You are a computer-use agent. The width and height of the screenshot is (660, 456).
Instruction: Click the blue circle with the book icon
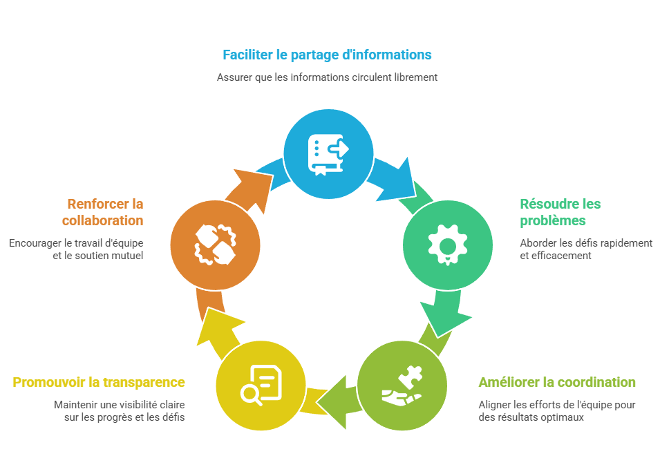point(329,153)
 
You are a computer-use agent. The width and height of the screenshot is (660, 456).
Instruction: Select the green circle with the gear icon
point(448,245)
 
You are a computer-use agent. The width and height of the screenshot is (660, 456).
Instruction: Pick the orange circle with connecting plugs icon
point(215,245)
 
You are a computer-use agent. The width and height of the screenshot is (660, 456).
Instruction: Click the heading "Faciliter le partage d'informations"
point(327,55)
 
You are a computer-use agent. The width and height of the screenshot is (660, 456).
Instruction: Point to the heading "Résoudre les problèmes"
point(560,212)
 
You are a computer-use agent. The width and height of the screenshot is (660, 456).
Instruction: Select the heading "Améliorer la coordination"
point(557,382)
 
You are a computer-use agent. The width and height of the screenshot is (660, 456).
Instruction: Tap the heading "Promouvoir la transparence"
point(99,382)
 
